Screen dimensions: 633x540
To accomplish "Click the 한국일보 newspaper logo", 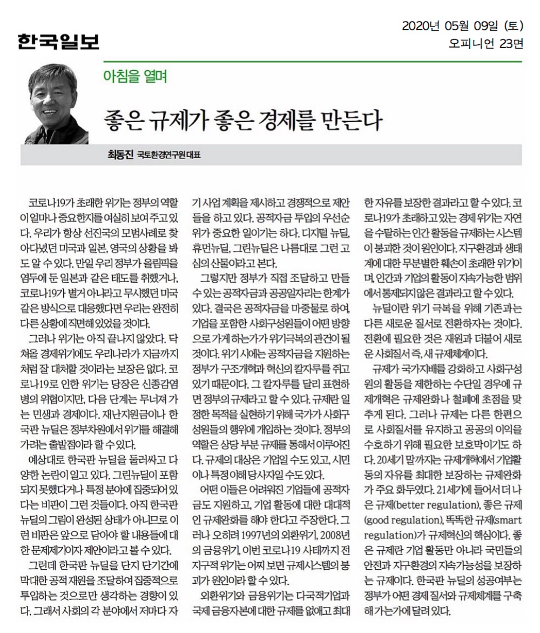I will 58,42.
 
